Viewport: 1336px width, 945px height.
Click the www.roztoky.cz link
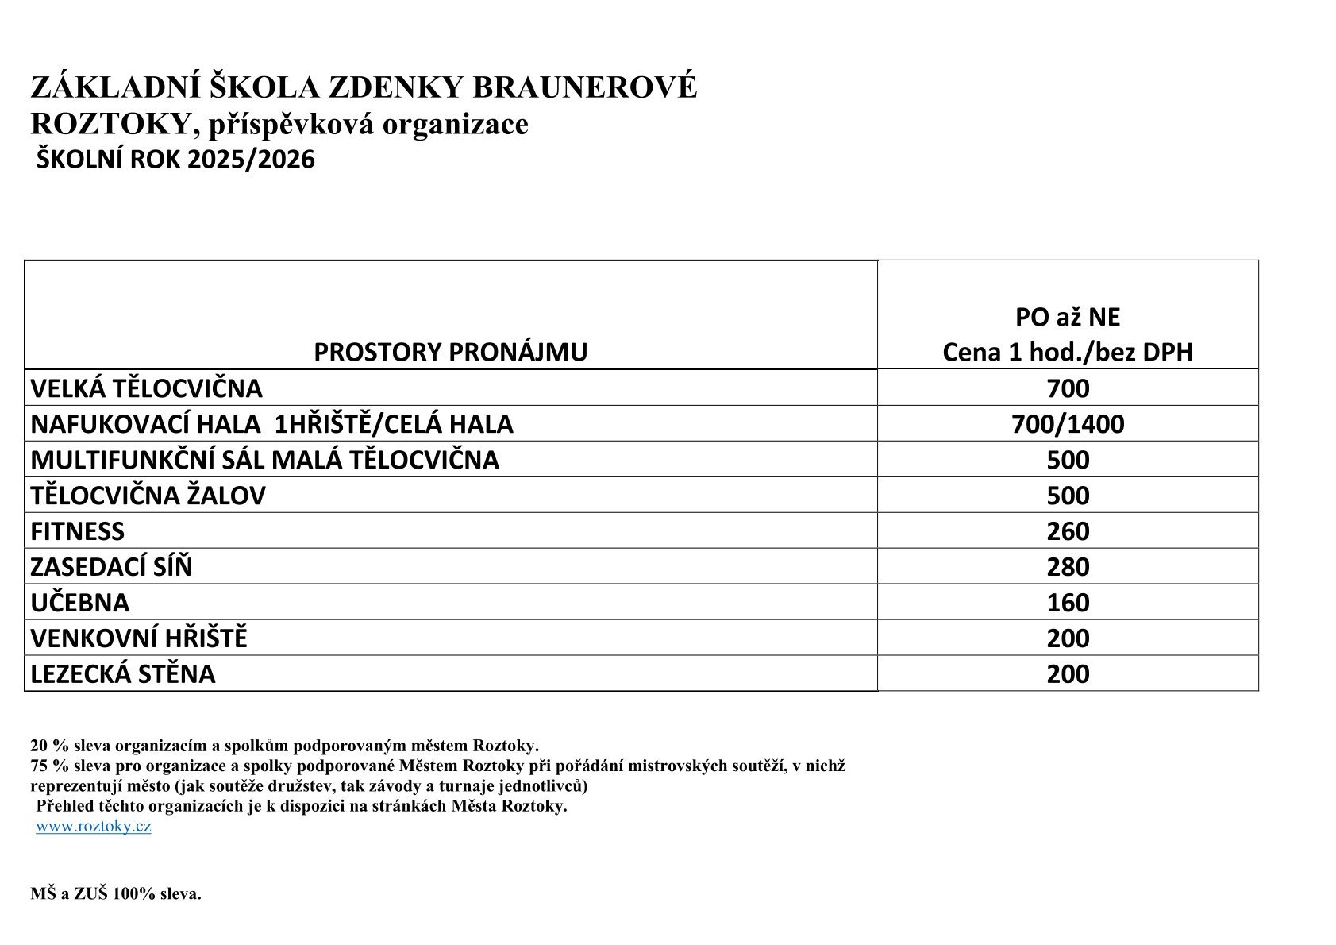click(x=94, y=826)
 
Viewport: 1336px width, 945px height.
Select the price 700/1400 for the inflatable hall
click(x=1068, y=424)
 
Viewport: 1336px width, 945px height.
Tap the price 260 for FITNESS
click(x=1068, y=531)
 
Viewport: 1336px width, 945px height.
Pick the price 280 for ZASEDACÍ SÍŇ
click(x=1068, y=567)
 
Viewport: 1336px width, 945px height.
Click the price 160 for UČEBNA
click(x=1068, y=603)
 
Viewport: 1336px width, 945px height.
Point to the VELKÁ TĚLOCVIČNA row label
click(x=146, y=388)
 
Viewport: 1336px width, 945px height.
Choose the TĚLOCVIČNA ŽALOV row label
click(x=148, y=496)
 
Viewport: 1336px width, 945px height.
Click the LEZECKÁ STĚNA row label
click(x=123, y=674)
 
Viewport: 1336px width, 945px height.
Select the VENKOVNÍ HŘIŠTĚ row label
click(x=139, y=638)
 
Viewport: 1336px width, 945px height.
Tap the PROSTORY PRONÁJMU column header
click(x=450, y=352)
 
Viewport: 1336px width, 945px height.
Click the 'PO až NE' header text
click(x=1068, y=317)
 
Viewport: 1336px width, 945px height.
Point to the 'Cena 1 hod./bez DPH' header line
click(x=1068, y=352)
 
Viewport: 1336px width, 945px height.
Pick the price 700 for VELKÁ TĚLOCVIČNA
click(x=1068, y=388)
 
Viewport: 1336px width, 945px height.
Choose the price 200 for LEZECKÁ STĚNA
click(x=1068, y=674)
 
